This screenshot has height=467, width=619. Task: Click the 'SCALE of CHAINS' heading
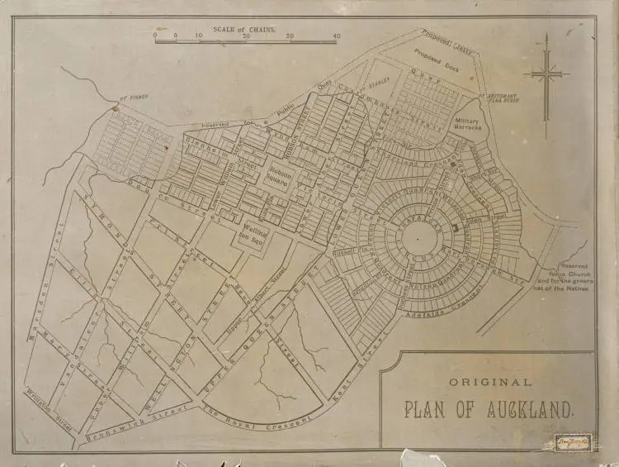245,29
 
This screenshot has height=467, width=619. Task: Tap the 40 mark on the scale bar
336,37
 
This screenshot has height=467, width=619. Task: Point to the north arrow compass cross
546,75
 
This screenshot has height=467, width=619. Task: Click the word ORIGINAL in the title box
490,382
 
